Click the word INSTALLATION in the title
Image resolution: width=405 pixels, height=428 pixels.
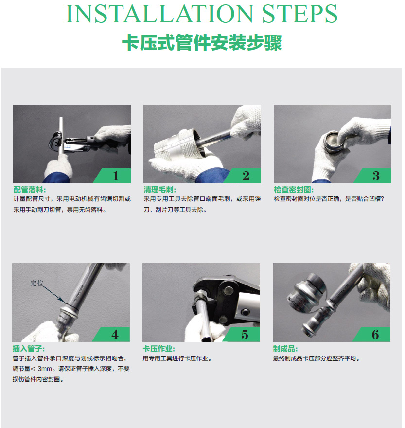point(159,14)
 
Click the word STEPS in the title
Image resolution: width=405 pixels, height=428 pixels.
point(299,14)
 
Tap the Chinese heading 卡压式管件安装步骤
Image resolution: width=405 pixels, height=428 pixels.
point(202,43)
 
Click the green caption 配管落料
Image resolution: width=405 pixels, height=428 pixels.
point(30,190)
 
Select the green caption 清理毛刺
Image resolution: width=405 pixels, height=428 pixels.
point(159,190)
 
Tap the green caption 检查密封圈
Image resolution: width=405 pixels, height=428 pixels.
point(294,190)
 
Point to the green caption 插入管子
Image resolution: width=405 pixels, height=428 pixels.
point(28,349)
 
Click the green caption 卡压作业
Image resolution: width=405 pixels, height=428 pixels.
point(158,349)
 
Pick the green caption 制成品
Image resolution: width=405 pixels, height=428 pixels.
point(285,349)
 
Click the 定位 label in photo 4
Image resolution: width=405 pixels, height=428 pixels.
point(36,283)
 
